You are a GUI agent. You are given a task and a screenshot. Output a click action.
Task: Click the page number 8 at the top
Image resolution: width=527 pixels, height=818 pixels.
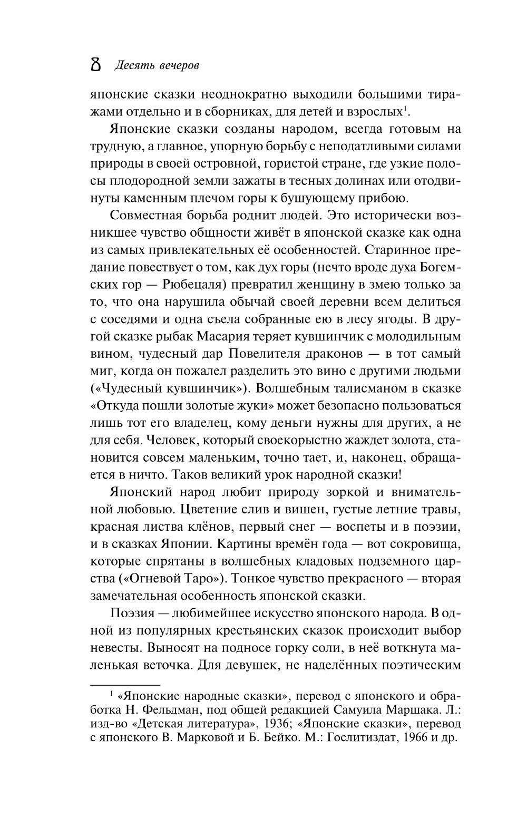point(96,65)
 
